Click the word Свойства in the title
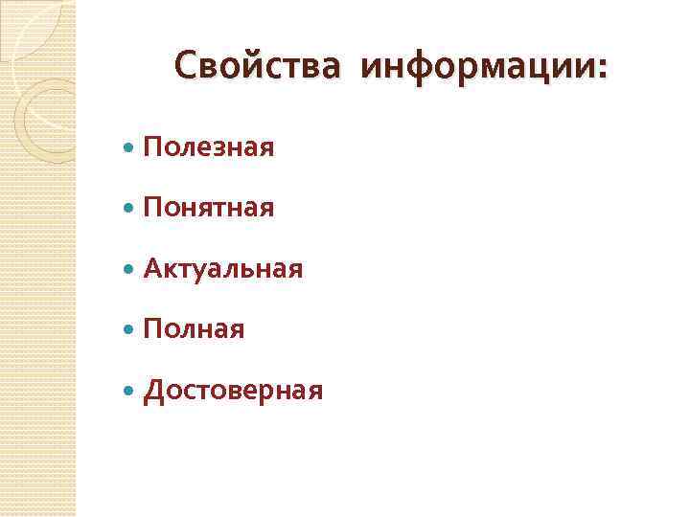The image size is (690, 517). point(256,66)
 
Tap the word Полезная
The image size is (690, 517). point(209,147)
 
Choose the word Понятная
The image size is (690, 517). point(209,208)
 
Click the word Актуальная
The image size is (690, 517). point(223,269)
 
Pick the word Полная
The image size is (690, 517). point(194,329)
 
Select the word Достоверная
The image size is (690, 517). point(233,391)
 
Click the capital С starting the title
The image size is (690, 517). point(185,66)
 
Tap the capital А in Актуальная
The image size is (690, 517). point(153,269)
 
